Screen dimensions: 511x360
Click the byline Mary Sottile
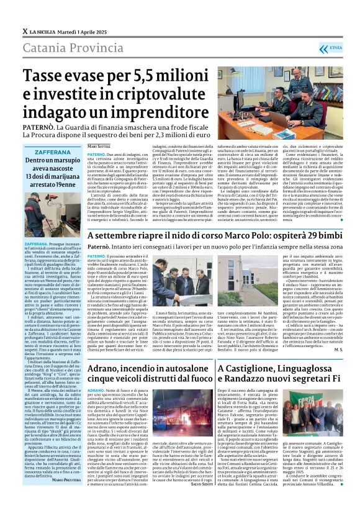(100, 145)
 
